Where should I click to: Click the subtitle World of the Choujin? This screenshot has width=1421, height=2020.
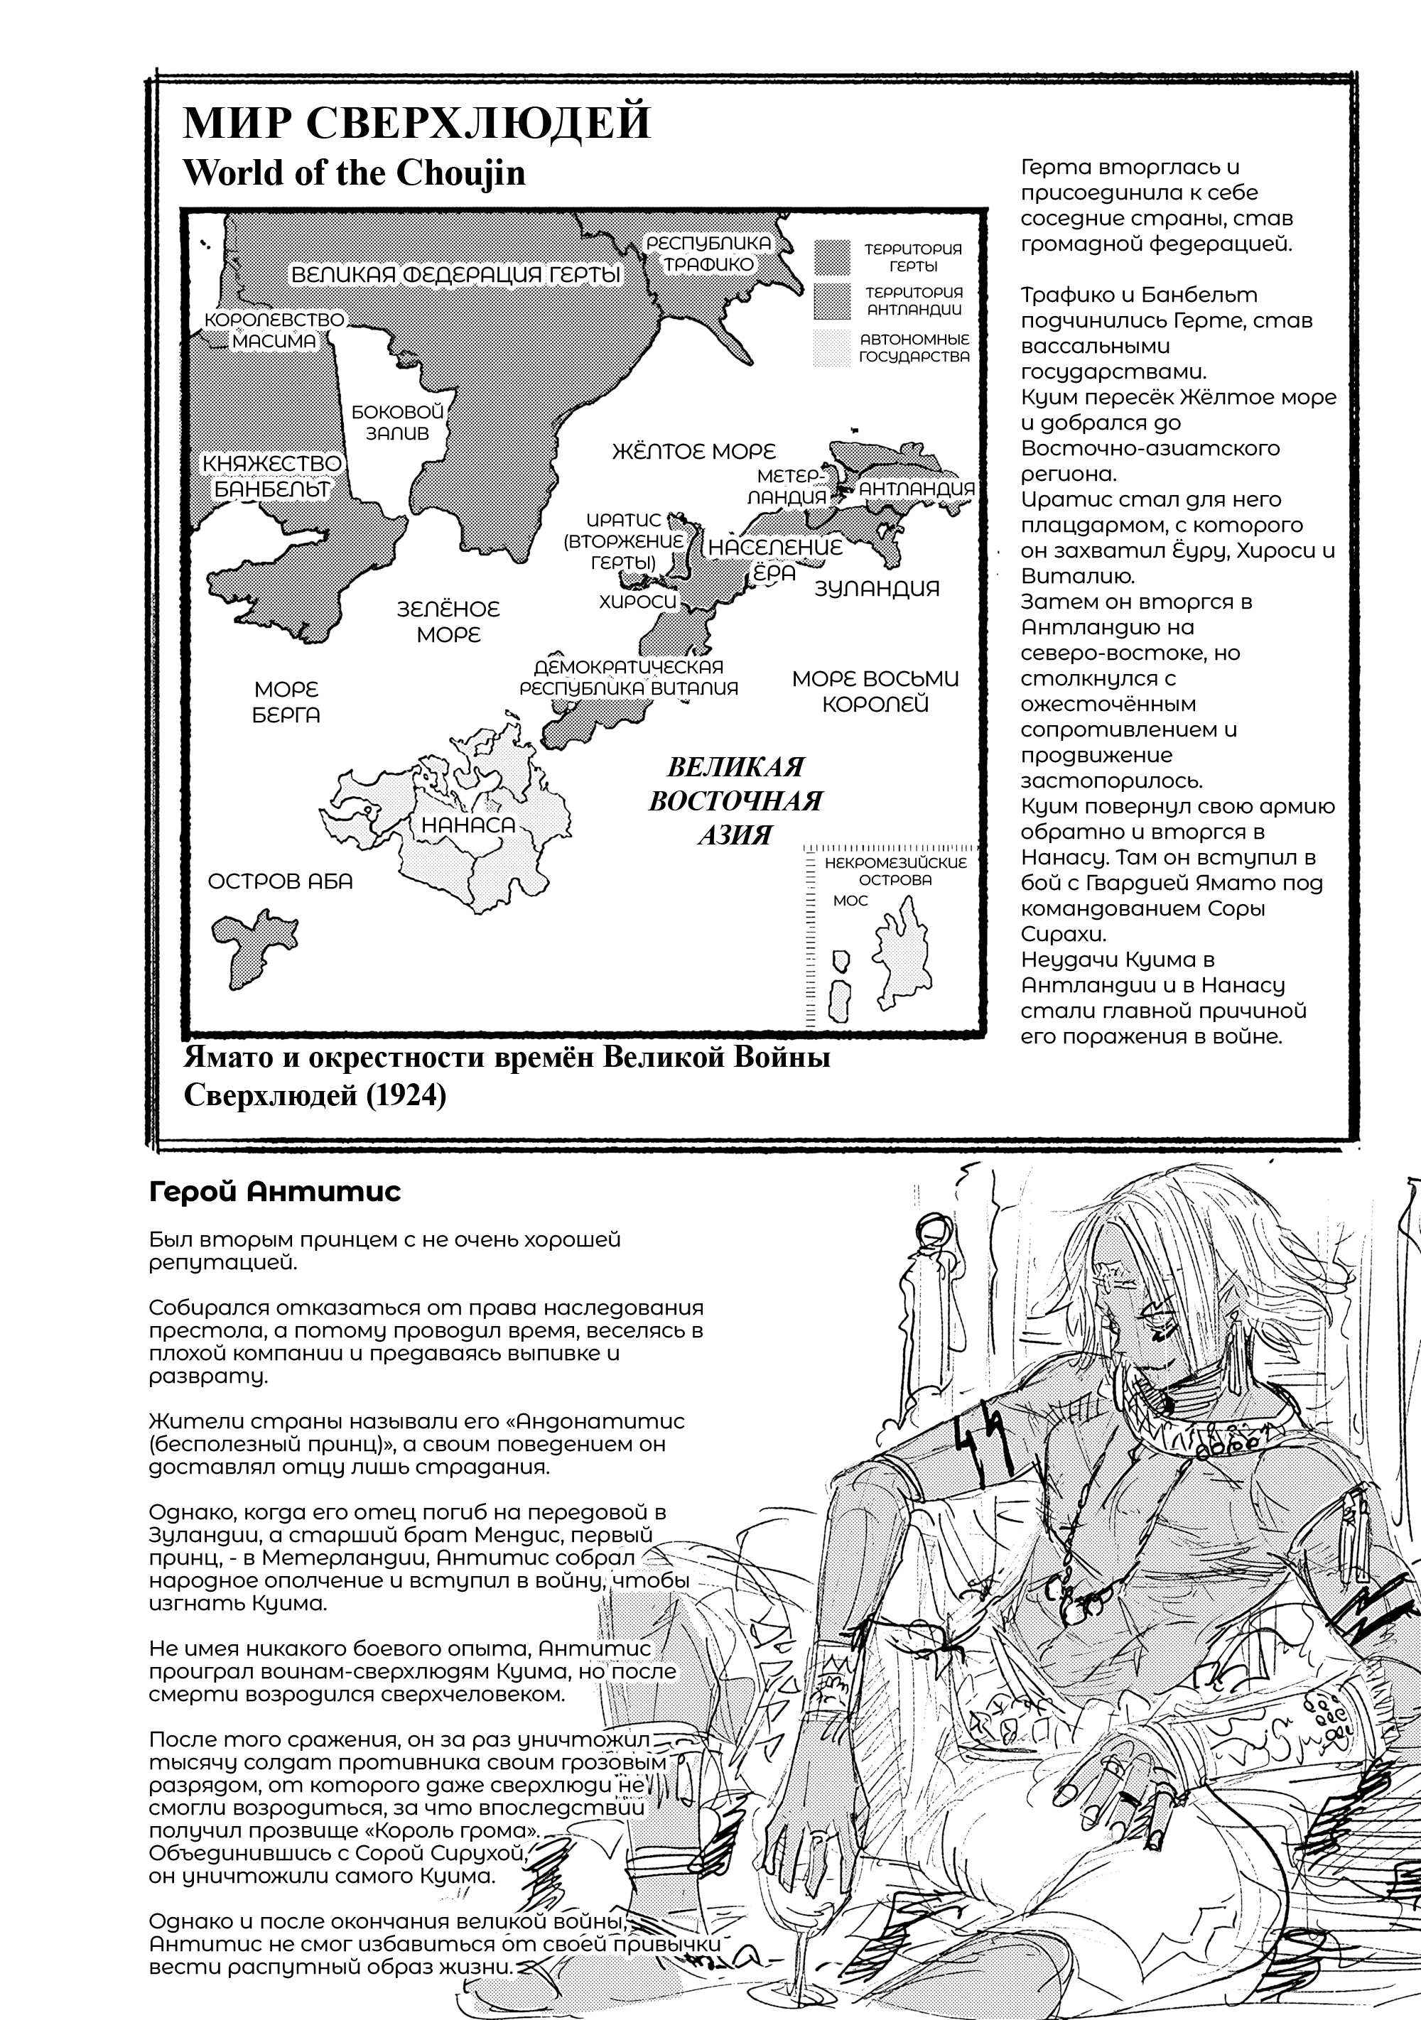[354, 173]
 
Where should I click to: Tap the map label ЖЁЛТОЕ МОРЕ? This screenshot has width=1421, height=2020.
[693, 451]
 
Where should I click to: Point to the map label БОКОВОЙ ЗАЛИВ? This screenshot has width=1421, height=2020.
[397, 423]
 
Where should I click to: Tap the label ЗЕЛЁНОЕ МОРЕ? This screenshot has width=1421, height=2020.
[448, 621]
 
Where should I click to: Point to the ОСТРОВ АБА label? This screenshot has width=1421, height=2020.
[280, 881]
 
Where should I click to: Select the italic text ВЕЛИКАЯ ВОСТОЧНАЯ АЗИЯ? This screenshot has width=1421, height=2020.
[735, 800]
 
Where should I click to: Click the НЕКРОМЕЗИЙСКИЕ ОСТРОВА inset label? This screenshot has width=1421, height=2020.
[895, 870]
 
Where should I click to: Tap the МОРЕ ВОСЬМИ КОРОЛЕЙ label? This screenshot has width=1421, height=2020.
[875, 690]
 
